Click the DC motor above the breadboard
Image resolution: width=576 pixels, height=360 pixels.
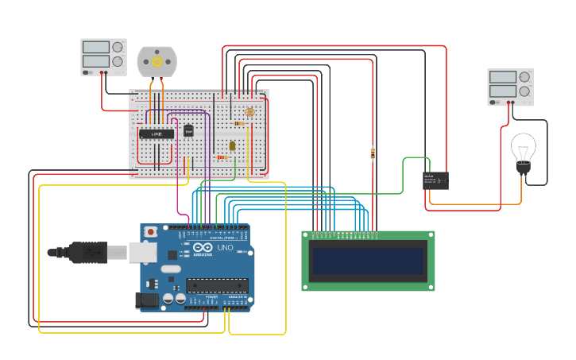tap(157, 61)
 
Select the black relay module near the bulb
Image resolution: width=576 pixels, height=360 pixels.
tap(435, 180)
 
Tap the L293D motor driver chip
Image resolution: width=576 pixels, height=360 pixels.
tap(157, 134)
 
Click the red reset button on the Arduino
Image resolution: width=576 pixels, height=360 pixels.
tap(150, 232)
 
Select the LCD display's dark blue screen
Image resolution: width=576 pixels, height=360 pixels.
tap(368, 261)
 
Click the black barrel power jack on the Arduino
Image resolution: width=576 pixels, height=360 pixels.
tap(147, 300)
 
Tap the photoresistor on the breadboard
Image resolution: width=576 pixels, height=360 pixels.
tap(250, 112)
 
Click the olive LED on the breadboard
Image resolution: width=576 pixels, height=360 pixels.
tap(232, 145)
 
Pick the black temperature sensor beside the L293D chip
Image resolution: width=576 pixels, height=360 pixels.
tap(188, 130)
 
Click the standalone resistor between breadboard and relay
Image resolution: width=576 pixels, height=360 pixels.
tap(373, 153)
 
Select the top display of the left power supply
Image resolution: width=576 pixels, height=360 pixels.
tap(96, 48)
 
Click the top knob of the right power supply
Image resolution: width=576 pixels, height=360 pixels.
tap(524, 77)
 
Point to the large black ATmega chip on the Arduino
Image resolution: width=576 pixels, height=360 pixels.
tap(216, 285)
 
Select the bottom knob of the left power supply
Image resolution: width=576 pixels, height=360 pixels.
tap(118, 61)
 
